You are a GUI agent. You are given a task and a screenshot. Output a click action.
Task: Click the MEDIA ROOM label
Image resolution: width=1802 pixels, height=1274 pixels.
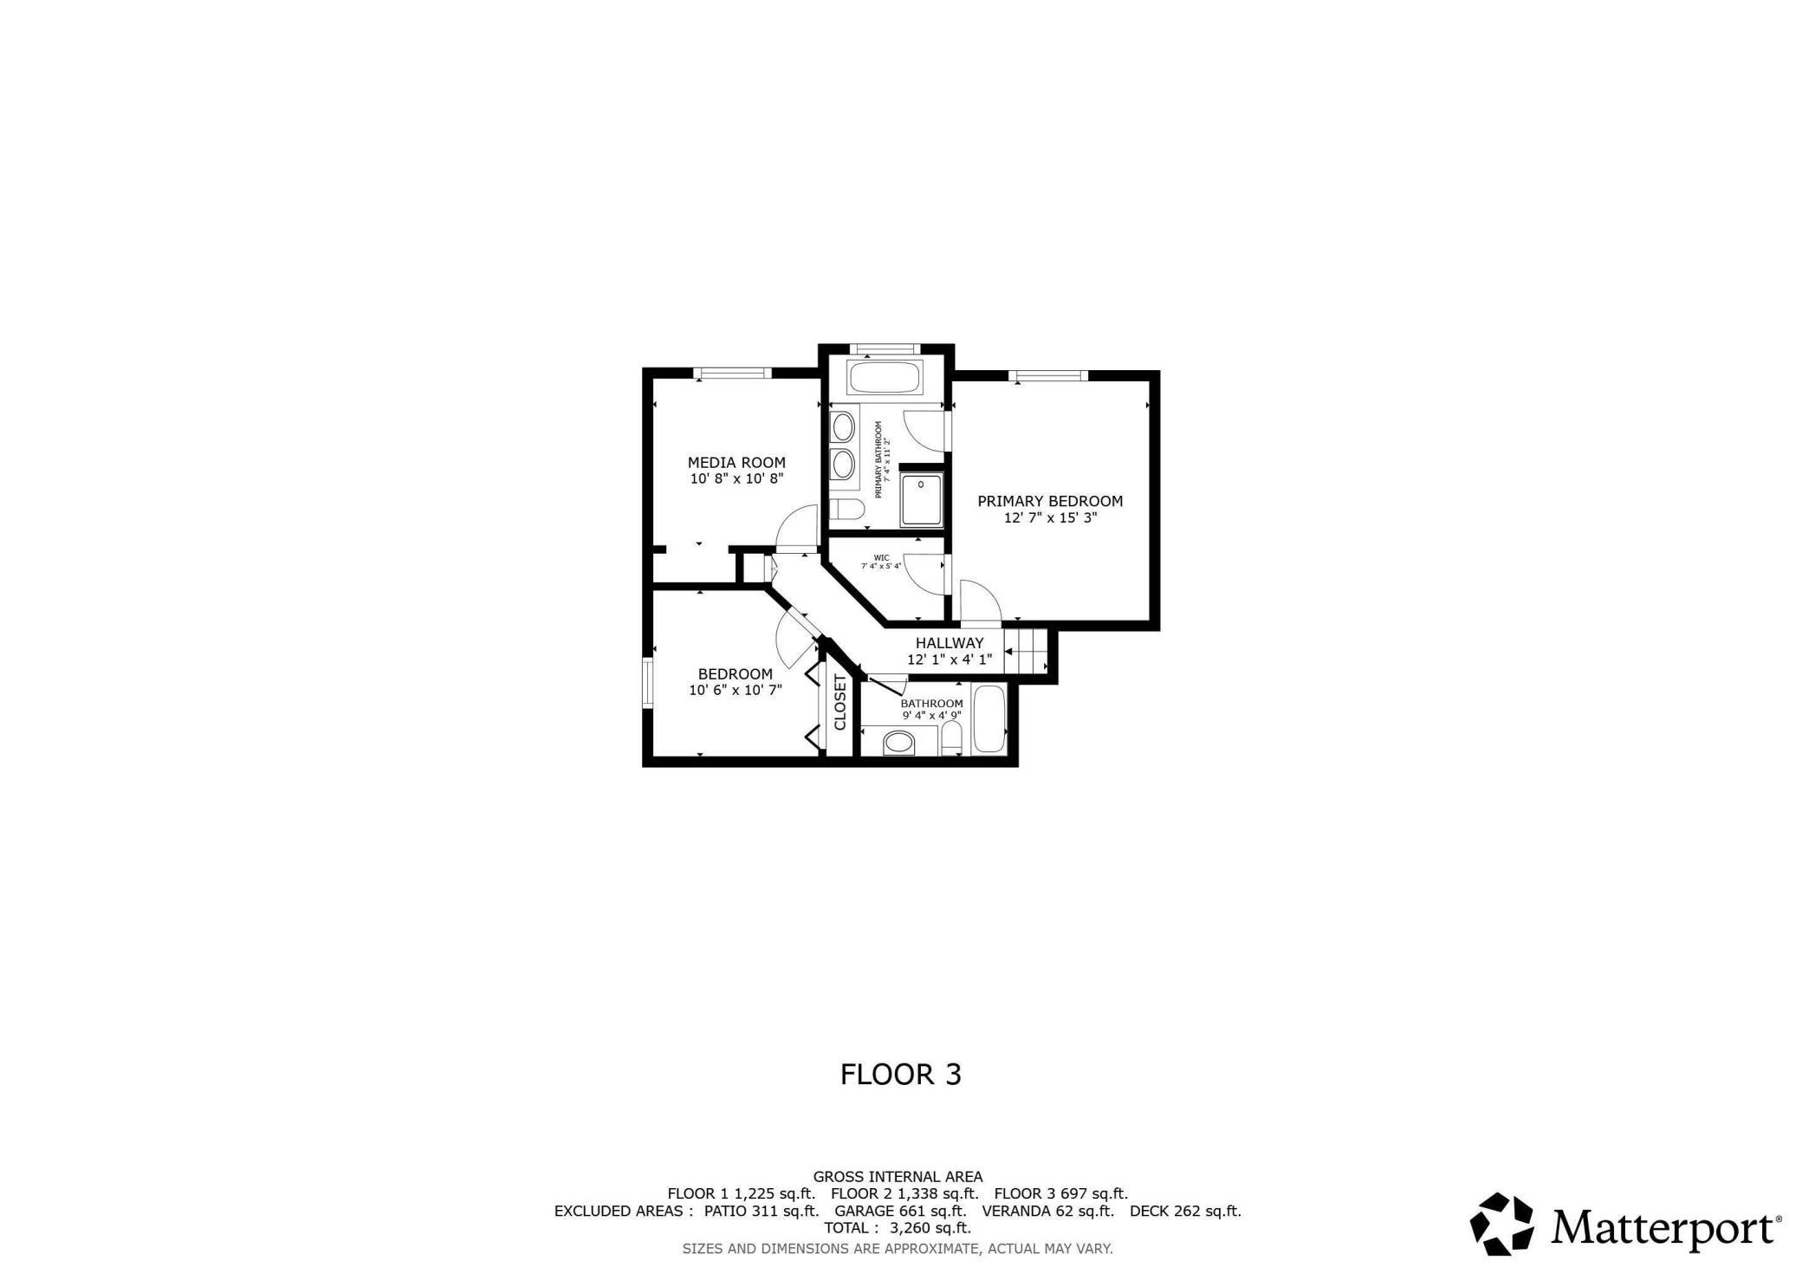pyautogui.click(x=736, y=463)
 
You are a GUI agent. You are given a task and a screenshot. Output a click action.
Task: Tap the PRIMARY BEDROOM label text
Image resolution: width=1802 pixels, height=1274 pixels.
pyautogui.click(x=1050, y=501)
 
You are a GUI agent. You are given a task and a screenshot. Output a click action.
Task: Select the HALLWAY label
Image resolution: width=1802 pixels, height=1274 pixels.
pyautogui.click(x=950, y=643)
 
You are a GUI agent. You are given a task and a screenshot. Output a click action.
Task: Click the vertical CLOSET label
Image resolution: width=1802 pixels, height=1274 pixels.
pyautogui.click(x=839, y=702)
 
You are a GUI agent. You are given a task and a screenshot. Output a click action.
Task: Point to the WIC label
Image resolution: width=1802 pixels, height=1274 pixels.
pyautogui.click(x=881, y=557)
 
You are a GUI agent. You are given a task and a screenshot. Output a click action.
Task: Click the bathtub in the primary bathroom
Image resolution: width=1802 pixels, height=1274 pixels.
pyautogui.click(x=885, y=378)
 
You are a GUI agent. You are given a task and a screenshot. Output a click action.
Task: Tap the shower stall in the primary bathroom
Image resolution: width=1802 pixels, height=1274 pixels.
pyautogui.click(x=921, y=500)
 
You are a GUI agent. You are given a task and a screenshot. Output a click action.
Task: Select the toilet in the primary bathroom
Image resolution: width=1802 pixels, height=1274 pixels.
pyautogui.click(x=846, y=508)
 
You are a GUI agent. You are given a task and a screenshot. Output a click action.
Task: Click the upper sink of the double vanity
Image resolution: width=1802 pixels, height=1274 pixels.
pyautogui.click(x=842, y=426)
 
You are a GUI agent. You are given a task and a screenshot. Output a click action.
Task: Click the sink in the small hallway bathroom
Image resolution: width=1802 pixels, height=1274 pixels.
pyautogui.click(x=898, y=743)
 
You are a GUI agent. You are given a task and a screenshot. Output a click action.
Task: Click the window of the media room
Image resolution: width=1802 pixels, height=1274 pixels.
pyautogui.click(x=732, y=374)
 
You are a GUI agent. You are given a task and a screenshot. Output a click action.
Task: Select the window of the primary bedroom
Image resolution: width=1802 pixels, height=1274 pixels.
pyautogui.click(x=1048, y=375)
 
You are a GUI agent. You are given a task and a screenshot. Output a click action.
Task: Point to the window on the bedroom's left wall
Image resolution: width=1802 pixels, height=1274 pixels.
pyautogui.click(x=647, y=684)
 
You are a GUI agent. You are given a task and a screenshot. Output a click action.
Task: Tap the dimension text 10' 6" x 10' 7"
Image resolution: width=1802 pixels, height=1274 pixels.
pyautogui.click(x=736, y=691)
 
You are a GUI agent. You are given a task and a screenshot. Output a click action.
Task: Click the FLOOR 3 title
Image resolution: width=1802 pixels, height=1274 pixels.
pyautogui.click(x=901, y=1075)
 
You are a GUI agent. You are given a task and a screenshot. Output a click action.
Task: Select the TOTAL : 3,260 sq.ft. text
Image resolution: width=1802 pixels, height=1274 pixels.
pyautogui.click(x=898, y=1228)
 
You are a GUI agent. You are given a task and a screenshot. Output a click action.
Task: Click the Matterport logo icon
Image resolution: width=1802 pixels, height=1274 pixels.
pyautogui.click(x=1501, y=1224)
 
